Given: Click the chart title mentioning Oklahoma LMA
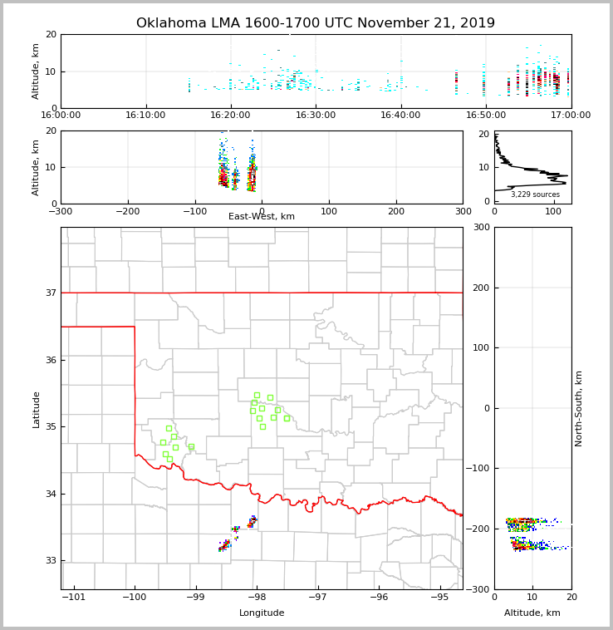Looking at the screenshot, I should pyautogui.click(x=316, y=23).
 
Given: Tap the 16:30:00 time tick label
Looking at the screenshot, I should pyautogui.click(x=316, y=116).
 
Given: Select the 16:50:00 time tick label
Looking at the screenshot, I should pyautogui.click(x=486, y=116).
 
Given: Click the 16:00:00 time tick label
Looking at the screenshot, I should pyautogui.click(x=61, y=116).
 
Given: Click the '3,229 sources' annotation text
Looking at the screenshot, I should pyautogui.click(x=535, y=194).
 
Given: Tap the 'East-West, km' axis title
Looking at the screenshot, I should pyautogui.click(x=262, y=217).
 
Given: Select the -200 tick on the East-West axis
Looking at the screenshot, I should pyautogui.click(x=128, y=211).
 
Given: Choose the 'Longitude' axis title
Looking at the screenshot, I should pyautogui.click(x=262, y=613).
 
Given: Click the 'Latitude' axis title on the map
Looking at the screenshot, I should pyautogui.click(x=36, y=409).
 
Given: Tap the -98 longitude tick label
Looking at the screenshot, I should pyautogui.click(x=257, y=597).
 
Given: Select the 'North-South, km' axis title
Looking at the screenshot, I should pyautogui.click(x=579, y=409).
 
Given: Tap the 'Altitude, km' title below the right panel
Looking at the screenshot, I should pyautogui.click(x=532, y=613).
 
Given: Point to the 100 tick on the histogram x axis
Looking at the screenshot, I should pyautogui.click(x=553, y=211).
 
